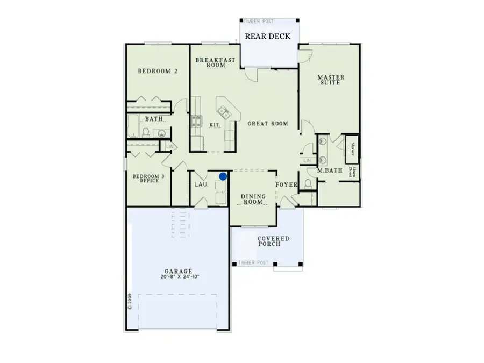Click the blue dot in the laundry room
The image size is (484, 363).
[x=223, y=176]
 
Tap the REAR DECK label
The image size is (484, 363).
[x=268, y=37]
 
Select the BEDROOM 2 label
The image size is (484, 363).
[x=158, y=71]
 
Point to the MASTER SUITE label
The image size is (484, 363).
[x=331, y=80]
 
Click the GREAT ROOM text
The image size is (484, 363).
[x=268, y=124]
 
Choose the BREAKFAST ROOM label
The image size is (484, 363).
[x=215, y=62]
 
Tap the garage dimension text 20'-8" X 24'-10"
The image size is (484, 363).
[x=180, y=277]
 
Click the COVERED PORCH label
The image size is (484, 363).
[x=273, y=241]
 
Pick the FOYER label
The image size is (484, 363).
[x=287, y=185]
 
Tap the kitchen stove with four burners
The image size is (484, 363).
[x=196, y=121]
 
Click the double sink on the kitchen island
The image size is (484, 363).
[x=223, y=112]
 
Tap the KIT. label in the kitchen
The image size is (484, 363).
[x=215, y=125]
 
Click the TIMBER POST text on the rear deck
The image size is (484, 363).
[x=259, y=22]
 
